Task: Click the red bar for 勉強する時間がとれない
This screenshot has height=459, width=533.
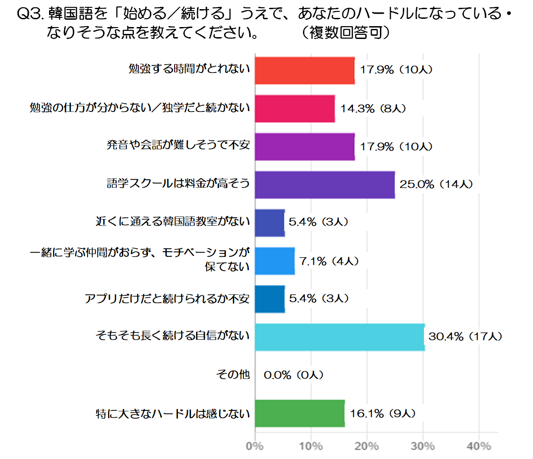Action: (x=305, y=71)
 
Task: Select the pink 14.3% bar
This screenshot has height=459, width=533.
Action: (x=295, y=109)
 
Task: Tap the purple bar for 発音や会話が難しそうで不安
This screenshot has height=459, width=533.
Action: (x=305, y=147)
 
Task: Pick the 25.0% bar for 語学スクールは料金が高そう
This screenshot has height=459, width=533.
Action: (x=324, y=185)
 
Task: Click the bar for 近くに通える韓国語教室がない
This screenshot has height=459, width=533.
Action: (x=270, y=223)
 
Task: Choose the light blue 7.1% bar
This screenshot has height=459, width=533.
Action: (x=275, y=261)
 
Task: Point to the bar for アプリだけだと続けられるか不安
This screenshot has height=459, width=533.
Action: (x=270, y=299)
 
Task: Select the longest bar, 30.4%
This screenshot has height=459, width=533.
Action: (x=340, y=337)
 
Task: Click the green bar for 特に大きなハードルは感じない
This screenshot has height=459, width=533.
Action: (x=300, y=413)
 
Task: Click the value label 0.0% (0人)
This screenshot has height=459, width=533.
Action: (x=294, y=375)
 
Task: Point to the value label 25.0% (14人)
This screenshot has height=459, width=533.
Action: (x=436, y=185)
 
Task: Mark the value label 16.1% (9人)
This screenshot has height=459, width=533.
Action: (x=383, y=413)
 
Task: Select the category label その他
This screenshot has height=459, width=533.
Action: (x=233, y=375)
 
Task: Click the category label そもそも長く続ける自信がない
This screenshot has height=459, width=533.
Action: (x=172, y=337)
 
